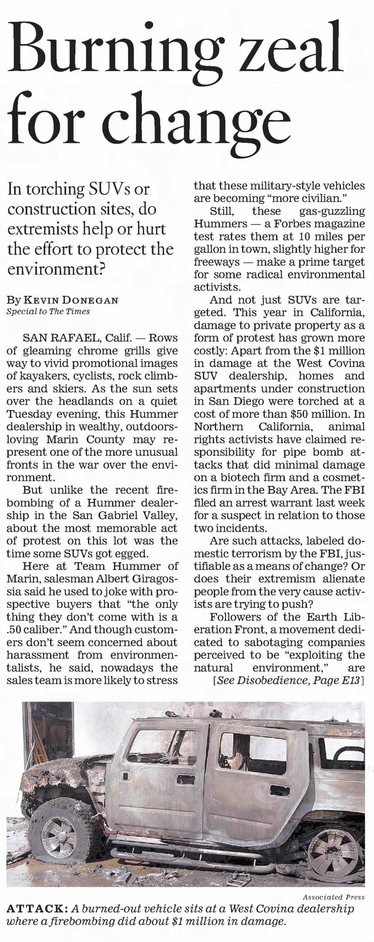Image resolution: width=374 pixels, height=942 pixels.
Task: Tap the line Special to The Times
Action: (x=48, y=311)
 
